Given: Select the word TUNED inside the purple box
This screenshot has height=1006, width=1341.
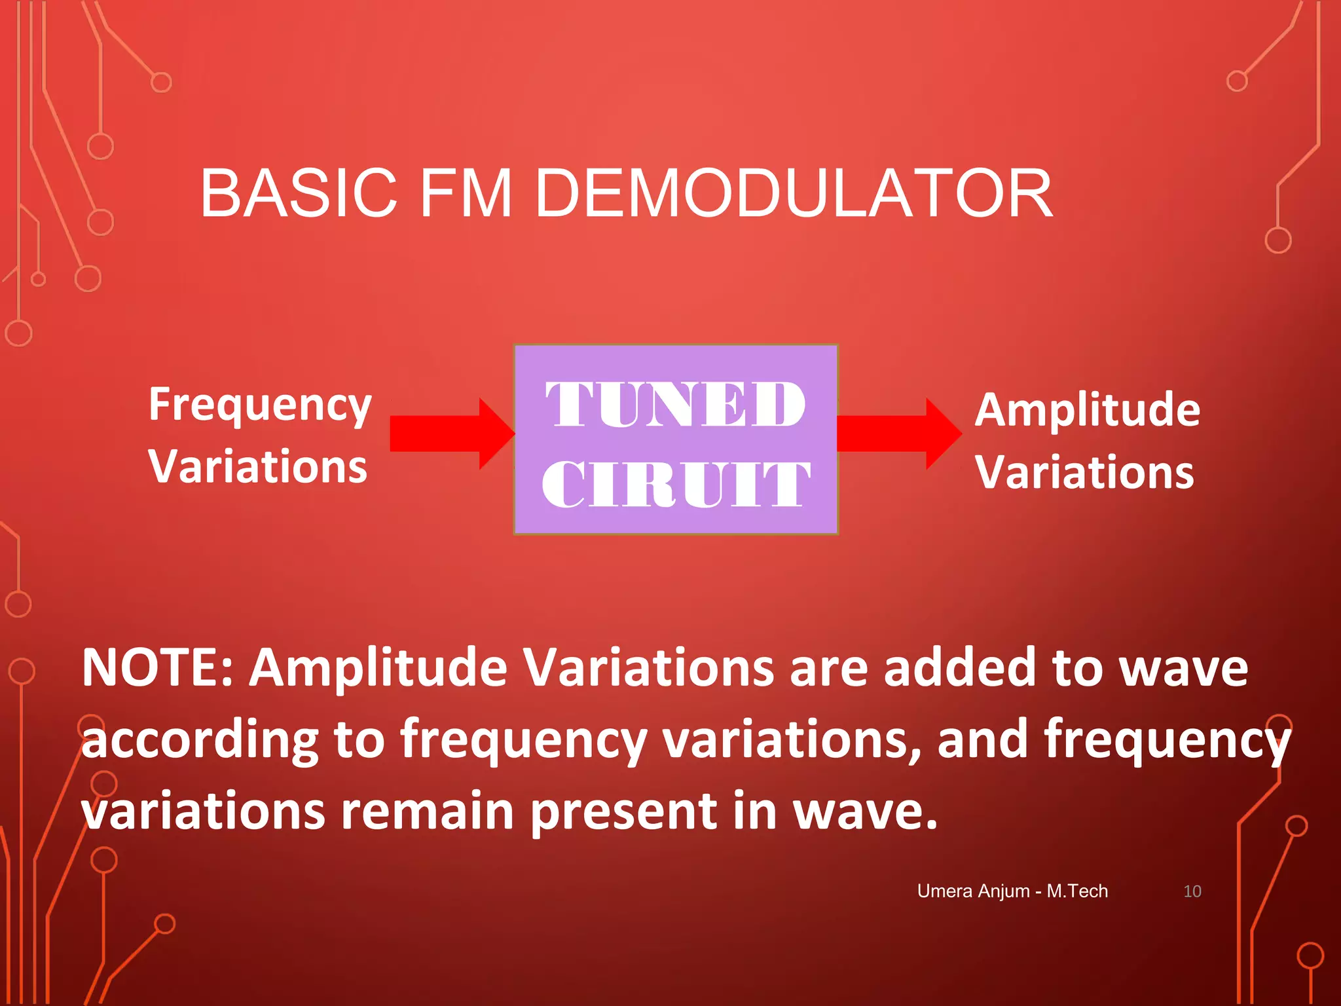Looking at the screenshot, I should click(675, 405).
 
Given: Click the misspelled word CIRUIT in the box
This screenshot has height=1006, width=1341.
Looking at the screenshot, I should click(675, 485).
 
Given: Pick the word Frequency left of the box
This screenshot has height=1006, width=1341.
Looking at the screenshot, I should click(260, 406).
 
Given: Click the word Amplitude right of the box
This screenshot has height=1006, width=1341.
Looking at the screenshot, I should click(1087, 410).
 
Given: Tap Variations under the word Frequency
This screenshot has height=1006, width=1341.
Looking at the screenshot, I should click(258, 467).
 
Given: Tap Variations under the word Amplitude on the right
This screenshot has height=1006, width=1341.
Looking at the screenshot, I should click(1084, 472).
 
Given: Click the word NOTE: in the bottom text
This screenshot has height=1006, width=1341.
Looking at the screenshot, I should click(157, 668).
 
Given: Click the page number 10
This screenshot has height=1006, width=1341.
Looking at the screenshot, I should click(1192, 891).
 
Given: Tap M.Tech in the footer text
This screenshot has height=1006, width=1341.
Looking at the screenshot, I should click(1077, 891).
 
